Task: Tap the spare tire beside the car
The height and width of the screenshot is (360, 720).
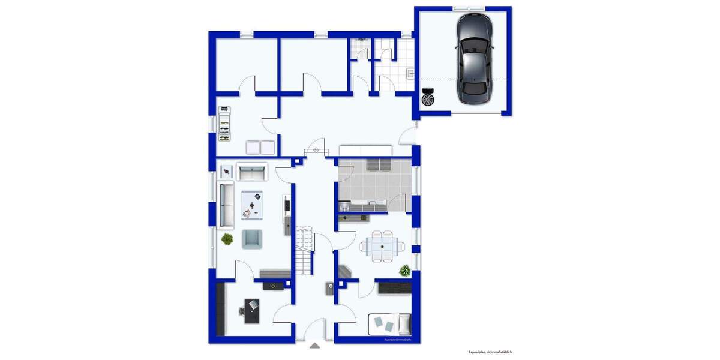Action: pyautogui.click(x=428, y=98)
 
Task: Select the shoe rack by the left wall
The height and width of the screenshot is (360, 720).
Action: pyautogui.click(x=224, y=124)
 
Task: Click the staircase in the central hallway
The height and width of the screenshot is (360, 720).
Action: pyautogui.click(x=304, y=249)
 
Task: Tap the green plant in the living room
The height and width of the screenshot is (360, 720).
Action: pyautogui.click(x=227, y=239)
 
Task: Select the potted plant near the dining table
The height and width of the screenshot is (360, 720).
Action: pyautogui.click(x=406, y=271)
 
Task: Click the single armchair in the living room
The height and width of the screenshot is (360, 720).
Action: pyautogui.click(x=253, y=239)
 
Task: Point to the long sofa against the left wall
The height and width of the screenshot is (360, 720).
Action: pyautogui.click(x=226, y=205)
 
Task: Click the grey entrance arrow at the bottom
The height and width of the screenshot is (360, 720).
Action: pyautogui.click(x=314, y=345)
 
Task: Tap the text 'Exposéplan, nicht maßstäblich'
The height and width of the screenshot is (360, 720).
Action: pyautogui.click(x=490, y=352)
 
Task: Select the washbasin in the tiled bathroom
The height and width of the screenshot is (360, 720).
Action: pyautogui.click(x=410, y=73)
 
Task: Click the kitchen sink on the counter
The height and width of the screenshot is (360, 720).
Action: pyautogui.click(x=374, y=204)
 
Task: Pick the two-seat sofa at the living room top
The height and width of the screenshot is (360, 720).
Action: pyautogui.click(x=252, y=172)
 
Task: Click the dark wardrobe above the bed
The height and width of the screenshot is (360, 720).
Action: pyautogui.click(x=394, y=287)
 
